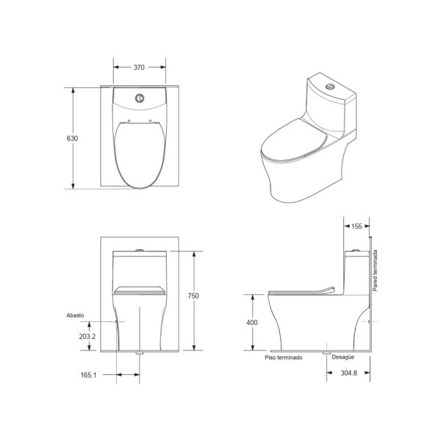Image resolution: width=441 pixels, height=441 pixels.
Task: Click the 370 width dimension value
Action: tap(139, 68)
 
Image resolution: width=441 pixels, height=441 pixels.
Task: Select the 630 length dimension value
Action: tap(72, 138)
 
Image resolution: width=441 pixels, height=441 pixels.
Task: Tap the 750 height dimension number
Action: tap(193, 295)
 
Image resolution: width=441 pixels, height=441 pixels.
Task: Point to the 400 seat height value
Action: tap(251, 323)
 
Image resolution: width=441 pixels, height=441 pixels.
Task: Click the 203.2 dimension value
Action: tap(87, 337)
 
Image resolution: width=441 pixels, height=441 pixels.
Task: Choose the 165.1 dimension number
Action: tap(88, 375)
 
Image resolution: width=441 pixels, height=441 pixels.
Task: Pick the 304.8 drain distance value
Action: tap(348, 373)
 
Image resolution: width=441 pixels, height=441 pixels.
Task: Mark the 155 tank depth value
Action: tap(356, 226)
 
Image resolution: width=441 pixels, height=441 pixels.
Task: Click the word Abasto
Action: tap(75, 315)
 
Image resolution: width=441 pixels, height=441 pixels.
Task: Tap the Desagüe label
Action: tap(343, 357)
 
